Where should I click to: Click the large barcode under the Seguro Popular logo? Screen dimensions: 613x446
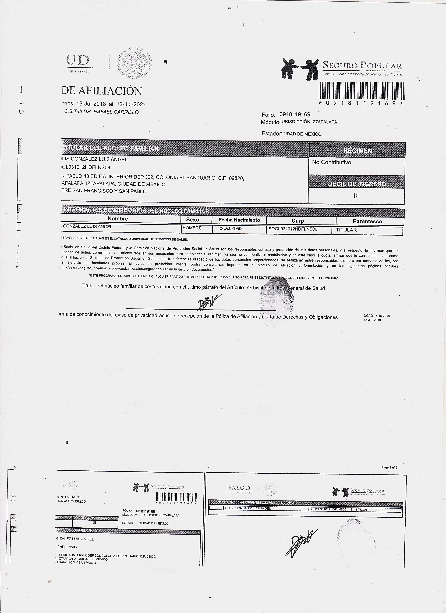coord(362,90)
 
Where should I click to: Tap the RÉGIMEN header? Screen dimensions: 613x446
coord(357,151)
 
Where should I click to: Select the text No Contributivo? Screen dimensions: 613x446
coord(331,162)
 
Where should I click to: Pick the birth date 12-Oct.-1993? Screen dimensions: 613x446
coord(230,228)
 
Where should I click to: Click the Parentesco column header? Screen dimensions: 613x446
coord(367,221)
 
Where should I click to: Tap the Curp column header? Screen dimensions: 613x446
coord(298,220)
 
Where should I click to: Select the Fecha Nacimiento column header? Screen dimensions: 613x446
coord(239,220)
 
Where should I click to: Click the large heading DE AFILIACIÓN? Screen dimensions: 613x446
coord(102,91)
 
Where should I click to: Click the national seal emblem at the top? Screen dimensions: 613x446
coord(134,64)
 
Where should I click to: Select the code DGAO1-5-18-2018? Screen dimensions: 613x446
coord(376,316)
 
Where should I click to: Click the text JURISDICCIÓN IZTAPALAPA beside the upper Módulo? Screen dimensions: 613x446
coord(309,122)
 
